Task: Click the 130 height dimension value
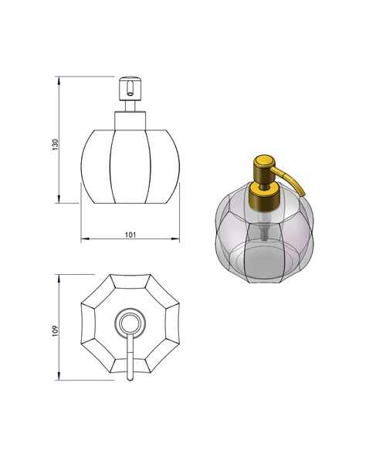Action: tap(56, 145)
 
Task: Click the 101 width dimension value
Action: tap(130, 235)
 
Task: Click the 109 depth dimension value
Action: tap(56, 331)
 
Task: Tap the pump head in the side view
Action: tap(130, 89)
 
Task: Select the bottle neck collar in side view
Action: tap(130, 120)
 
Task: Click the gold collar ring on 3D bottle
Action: tap(265, 195)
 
